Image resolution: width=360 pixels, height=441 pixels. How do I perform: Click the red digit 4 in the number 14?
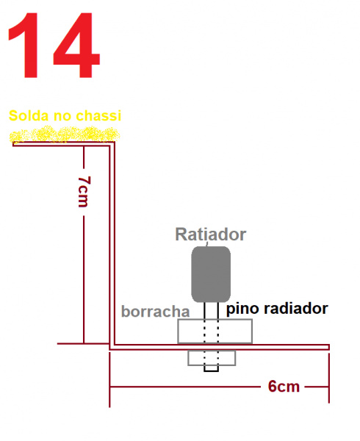tap(76, 45)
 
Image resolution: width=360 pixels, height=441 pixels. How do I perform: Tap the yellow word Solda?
tap(29, 115)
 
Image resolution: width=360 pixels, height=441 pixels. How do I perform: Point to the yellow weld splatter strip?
tap(65, 135)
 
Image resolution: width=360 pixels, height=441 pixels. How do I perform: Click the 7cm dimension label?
tap(84, 192)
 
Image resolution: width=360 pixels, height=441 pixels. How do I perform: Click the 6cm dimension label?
tap(284, 387)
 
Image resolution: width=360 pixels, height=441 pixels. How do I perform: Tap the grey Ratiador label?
tap(211, 234)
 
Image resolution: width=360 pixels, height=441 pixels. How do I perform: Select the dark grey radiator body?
tap(211, 274)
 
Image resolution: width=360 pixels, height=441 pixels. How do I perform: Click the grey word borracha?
tap(156, 312)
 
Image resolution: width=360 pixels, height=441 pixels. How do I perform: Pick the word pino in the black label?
tap(242, 309)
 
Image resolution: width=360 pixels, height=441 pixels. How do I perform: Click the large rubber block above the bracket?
tap(215, 331)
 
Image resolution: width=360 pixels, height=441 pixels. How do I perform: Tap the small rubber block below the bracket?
tap(212, 358)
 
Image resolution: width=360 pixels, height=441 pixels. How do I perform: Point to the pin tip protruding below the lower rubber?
tap(212, 369)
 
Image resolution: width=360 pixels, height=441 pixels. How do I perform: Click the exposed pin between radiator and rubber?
tap(212, 310)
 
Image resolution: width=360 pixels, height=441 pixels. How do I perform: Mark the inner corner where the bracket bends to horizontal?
tap(115, 345)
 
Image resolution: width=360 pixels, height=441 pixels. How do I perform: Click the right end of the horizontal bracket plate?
tap(329, 347)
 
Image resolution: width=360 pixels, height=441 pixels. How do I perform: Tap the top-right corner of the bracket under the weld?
tap(115, 142)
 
